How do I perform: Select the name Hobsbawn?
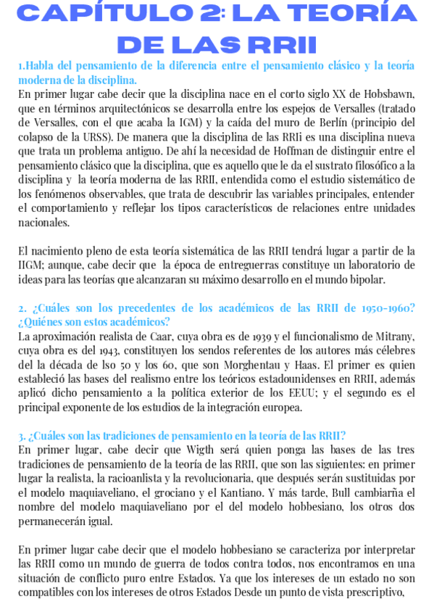(x=389, y=94)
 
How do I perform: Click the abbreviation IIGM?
(x=31, y=265)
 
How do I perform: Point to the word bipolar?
(x=367, y=279)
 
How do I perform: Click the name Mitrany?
(x=392, y=336)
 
